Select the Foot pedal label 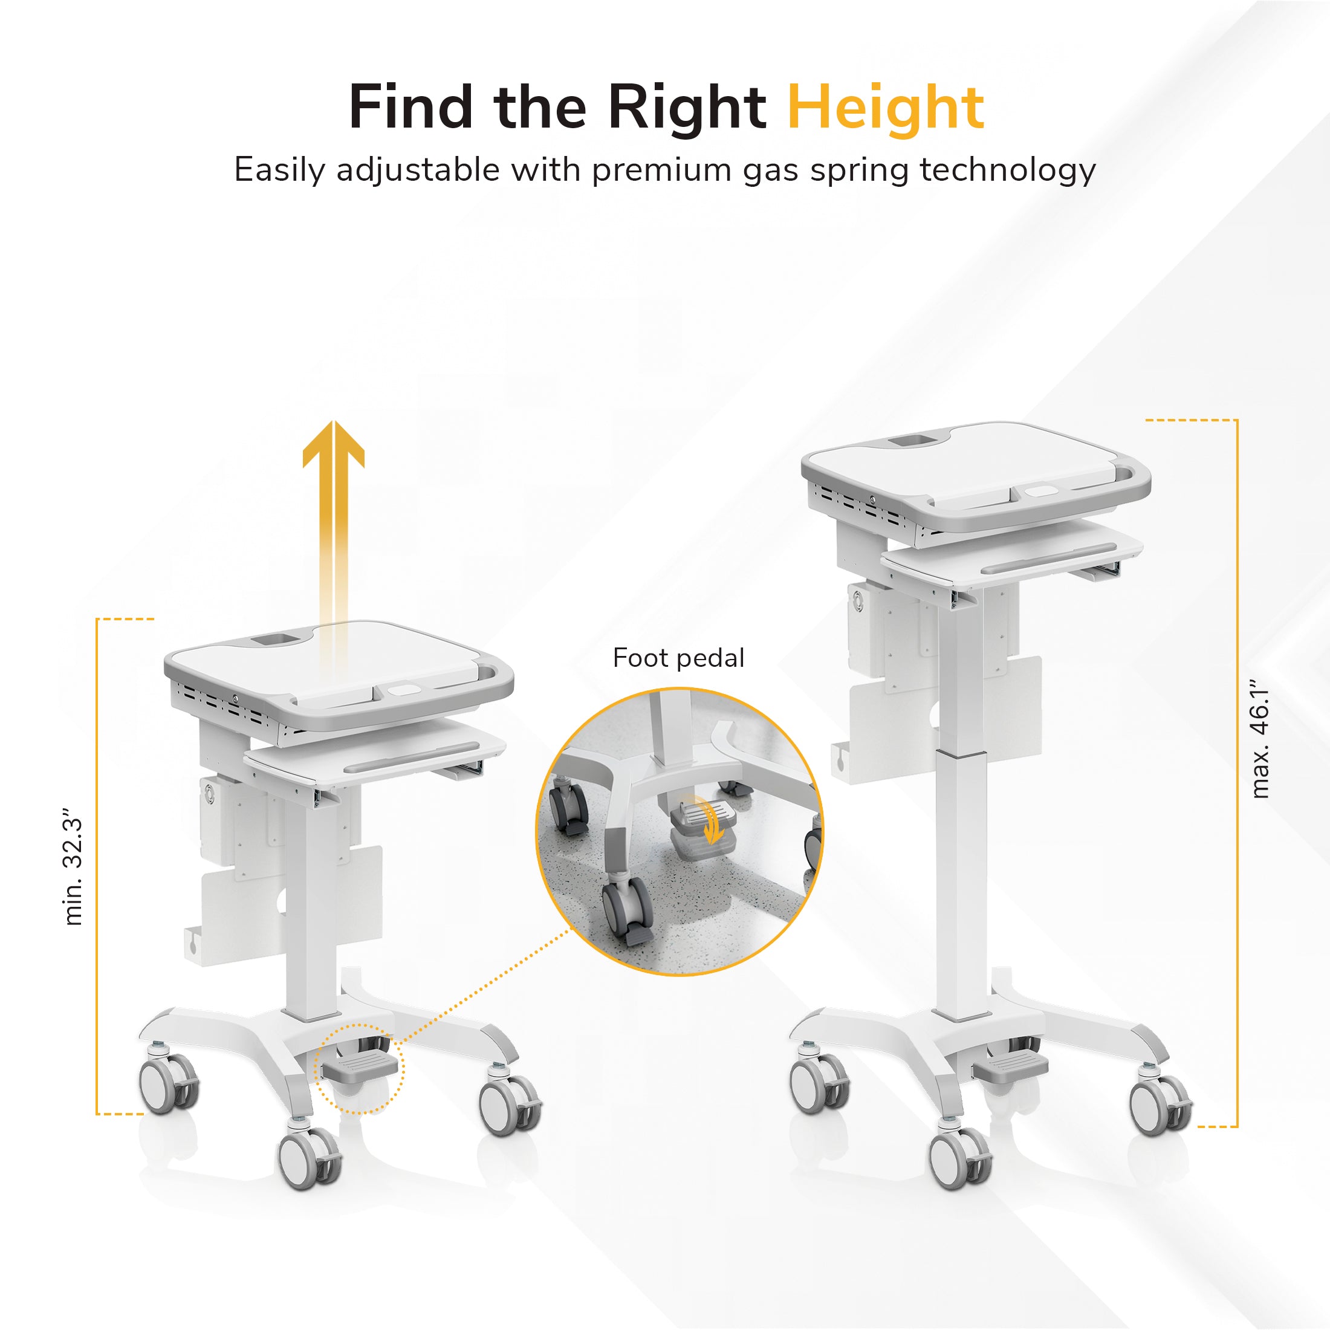pyautogui.click(x=679, y=658)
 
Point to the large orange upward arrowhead pyautogui.click(x=334, y=444)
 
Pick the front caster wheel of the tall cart pyautogui.click(x=959, y=1158)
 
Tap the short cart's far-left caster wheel pyautogui.click(x=168, y=1083)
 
